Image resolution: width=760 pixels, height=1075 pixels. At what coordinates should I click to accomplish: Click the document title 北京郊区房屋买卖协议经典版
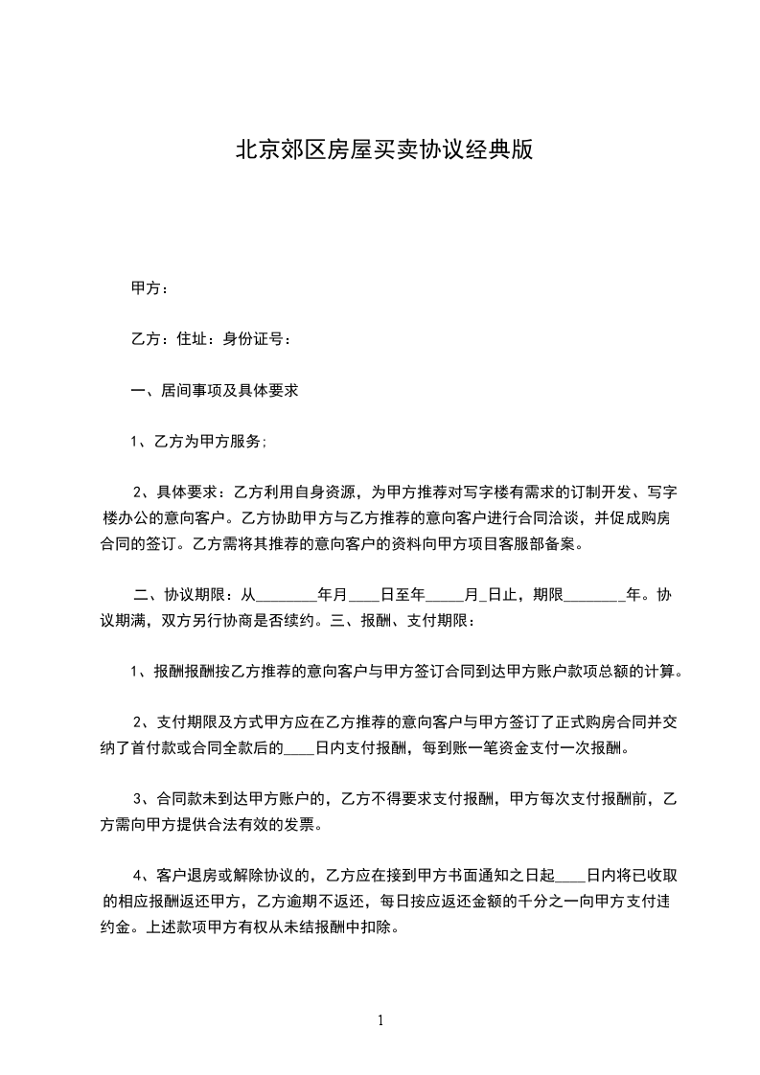[x=383, y=150]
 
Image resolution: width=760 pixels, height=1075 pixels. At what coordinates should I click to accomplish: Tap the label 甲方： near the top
[x=150, y=287]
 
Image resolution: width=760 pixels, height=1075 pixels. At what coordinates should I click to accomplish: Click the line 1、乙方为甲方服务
[x=198, y=442]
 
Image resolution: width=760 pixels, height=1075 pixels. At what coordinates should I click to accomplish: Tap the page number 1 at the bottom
[x=380, y=1020]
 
